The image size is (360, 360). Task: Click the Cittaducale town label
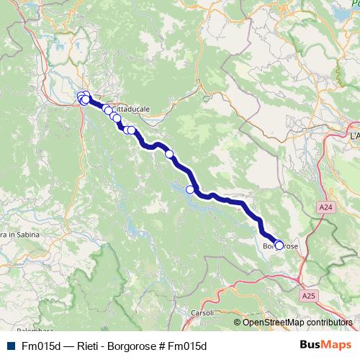[132, 109]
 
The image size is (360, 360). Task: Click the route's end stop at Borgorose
[279, 246]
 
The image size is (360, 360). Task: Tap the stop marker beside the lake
[191, 189]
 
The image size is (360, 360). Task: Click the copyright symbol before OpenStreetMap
[238, 323]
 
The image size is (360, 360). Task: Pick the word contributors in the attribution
[328, 323]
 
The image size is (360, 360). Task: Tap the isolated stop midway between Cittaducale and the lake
[170, 153]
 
